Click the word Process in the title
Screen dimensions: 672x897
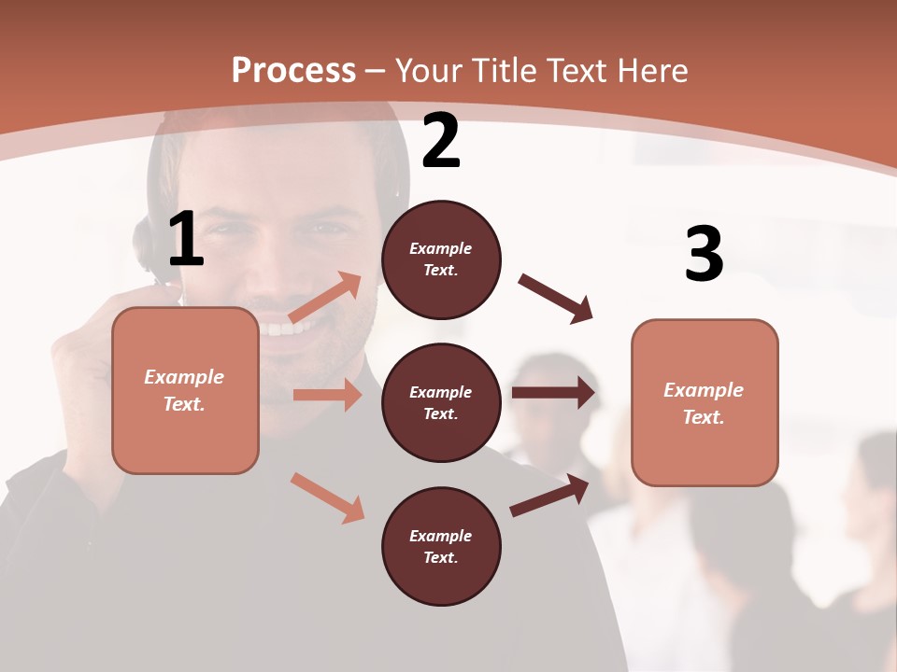pos(293,70)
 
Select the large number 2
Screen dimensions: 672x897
pos(441,141)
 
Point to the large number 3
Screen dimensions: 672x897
pos(704,254)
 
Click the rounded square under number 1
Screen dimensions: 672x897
pos(185,390)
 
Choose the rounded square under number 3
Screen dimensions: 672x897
pos(705,402)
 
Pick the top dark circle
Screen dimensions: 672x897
pos(441,259)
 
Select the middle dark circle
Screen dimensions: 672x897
pos(441,402)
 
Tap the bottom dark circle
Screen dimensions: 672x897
pos(441,546)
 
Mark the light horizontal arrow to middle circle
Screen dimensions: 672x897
pos(327,395)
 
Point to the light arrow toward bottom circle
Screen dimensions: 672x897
pos(327,497)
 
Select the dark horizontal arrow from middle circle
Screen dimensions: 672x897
pos(553,393)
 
